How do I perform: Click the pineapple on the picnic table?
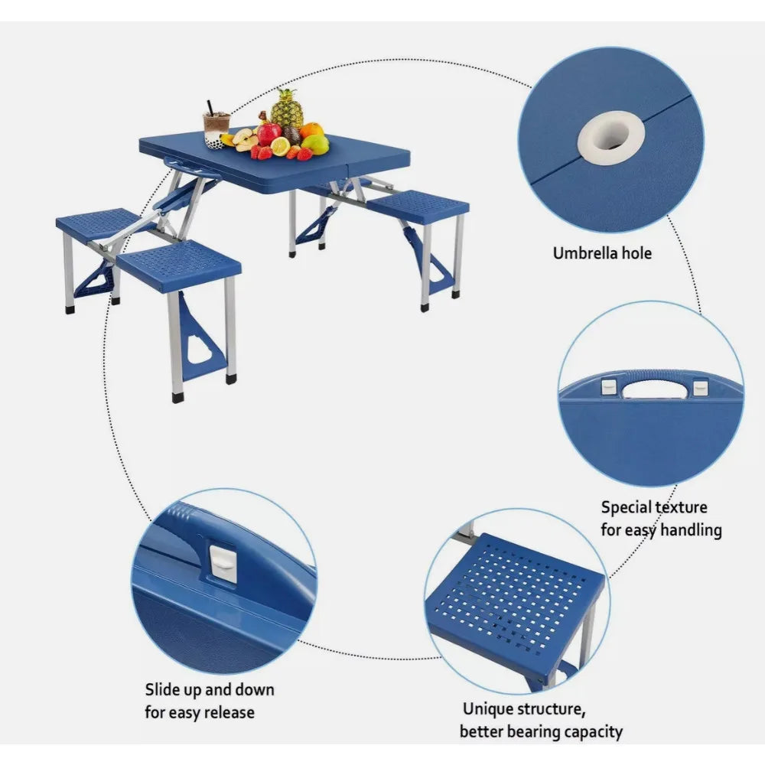click(x=287, y=111)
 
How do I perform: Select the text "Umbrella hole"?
click(x=602, y=252)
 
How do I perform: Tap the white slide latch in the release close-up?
click(x=223, y=564)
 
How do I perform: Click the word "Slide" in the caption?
click(x=163, y=690)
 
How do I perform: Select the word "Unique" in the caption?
click(x=488, y=709)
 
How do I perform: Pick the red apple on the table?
click(x=269, y=134)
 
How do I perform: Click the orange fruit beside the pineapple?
click(x=311, y=130)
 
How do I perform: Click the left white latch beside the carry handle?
click(x=607, y=387)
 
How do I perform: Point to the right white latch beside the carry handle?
click(x=699, y=388)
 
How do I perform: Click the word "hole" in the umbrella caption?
click(x=635, y=252)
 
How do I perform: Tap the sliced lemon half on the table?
click(x=280, y=146)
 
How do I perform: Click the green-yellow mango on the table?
click(x=316, y=144)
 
